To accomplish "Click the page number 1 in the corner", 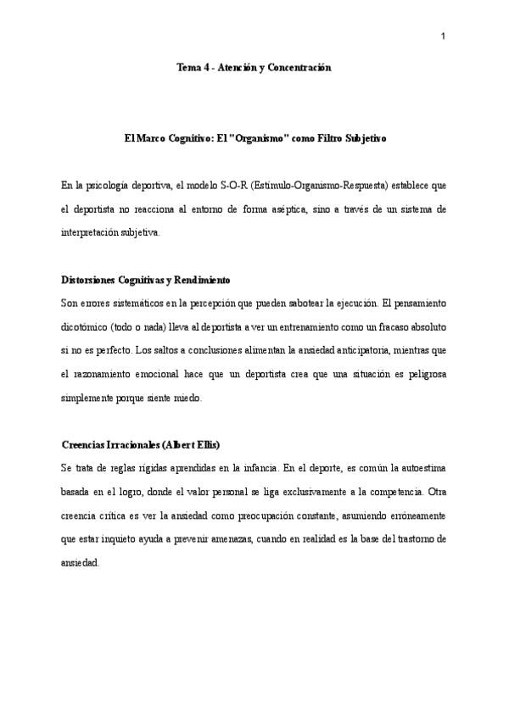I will pos(443,36).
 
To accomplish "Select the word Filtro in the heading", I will pos(333,137).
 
